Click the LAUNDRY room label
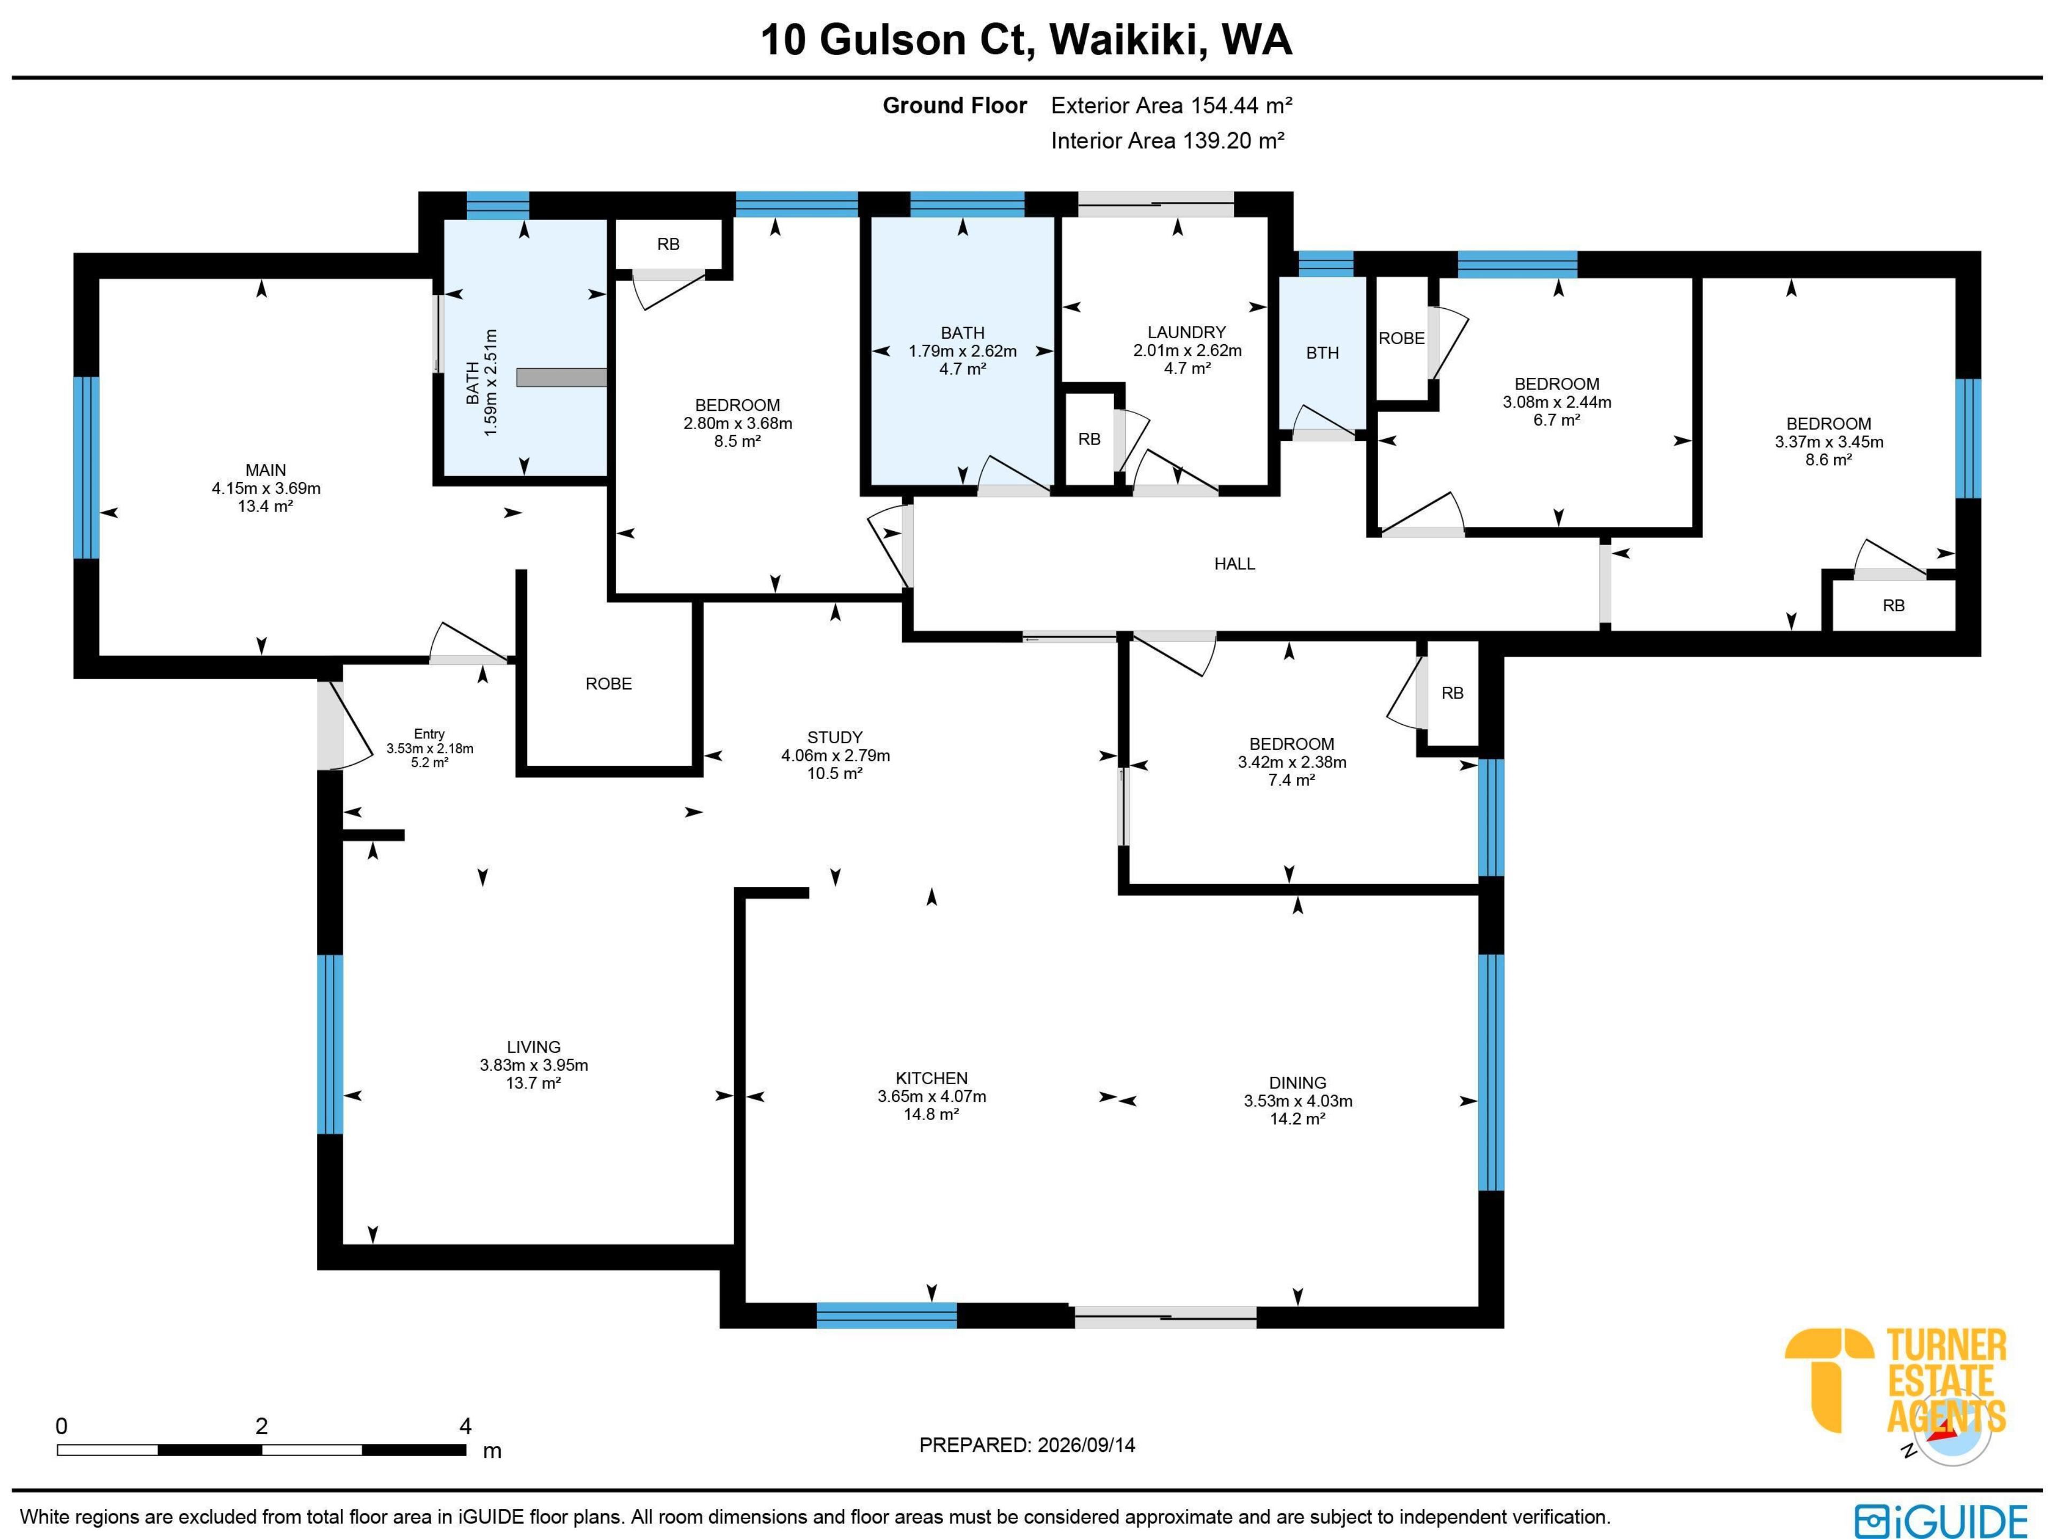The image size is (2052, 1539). click(x=1186, y=332)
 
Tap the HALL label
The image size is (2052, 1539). click(x=1235, y=564)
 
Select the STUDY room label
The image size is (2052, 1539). click(x=835, y=737)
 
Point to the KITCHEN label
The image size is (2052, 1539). click(x=931, y=1078)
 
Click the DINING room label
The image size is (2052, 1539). click(x=1298, y=1083)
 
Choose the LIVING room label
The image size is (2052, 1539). click(x=533, y=1047)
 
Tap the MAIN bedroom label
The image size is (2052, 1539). click(x=265, y=470)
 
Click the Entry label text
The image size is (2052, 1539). click(x=430, y=734)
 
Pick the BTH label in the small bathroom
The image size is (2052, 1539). click(x=1322, y=353)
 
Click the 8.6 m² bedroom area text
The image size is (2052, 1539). click(x=1829, y=459)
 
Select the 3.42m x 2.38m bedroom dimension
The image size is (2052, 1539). click(x=1291, y=761)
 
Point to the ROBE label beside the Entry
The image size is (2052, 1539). click(x=609, y=683)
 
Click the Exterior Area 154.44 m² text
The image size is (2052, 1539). click(x=1172, y=106)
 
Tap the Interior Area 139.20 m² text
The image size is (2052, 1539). click(x=1168, y=141)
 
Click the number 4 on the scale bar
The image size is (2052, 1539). click(x=465, y=1426)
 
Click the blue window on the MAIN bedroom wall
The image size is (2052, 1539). click(x=86, y=468)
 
